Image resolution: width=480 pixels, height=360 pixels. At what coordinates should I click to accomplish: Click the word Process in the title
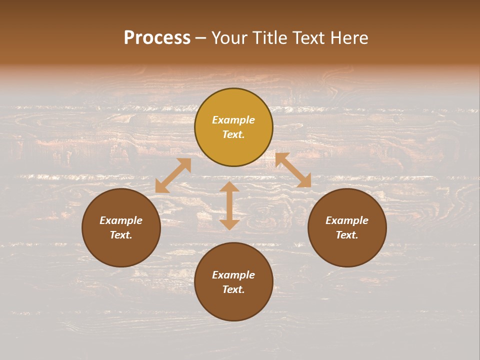click(157, 38)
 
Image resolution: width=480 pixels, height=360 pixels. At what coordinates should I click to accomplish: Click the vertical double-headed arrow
click(229, 205)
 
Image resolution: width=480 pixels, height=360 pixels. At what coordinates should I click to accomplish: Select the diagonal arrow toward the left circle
click(173, 175)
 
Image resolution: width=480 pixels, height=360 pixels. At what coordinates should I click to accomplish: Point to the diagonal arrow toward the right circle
click(293, 170)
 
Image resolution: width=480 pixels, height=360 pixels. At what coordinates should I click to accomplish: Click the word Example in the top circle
click(233, 120)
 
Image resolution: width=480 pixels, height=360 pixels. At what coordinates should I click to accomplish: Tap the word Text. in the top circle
click(233, 134)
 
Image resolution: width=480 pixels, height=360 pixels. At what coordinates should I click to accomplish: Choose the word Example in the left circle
click(121, 220)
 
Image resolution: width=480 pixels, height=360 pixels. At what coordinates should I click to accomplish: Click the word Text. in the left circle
click(121, 235)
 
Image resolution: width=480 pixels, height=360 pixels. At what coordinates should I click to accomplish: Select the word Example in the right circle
click(347, 220)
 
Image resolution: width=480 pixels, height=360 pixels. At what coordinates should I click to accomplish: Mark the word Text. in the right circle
click(347, 235)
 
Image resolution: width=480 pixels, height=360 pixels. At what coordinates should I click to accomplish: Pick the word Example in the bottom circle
click(233, 275)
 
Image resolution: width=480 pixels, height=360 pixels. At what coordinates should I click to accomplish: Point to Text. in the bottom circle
click(233, 289)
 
